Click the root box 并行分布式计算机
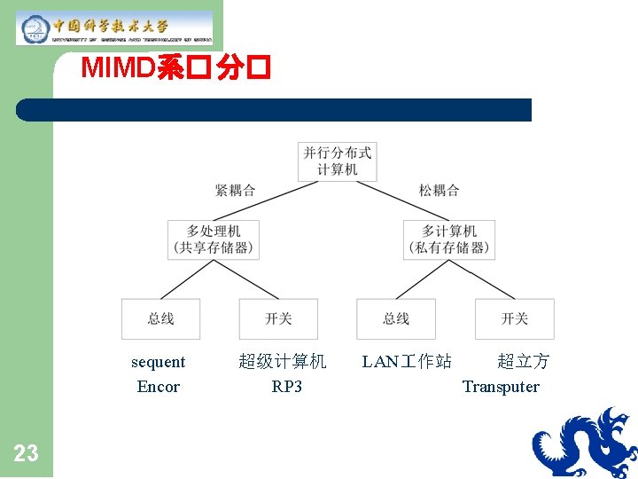click(338, 161)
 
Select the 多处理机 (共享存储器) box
click(214, 239)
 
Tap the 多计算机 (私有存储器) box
click(449, 239)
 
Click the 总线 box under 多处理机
click(160, 318)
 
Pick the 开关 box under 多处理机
click(278, 318)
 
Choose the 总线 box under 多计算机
click(396, 318)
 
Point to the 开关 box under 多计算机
click(515, 318)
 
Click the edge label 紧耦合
click(235, 190)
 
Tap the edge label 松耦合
click(440, 190)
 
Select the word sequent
click(158, 362)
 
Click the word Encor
click(158, 387)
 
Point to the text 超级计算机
click(283, 362)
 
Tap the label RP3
click(286, 387)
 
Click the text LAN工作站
click(407, 362)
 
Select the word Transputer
click(501, 387)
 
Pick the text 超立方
click(524, 362)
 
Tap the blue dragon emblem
click(584, 443)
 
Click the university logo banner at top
click(114, 28)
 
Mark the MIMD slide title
click(175, 69)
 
